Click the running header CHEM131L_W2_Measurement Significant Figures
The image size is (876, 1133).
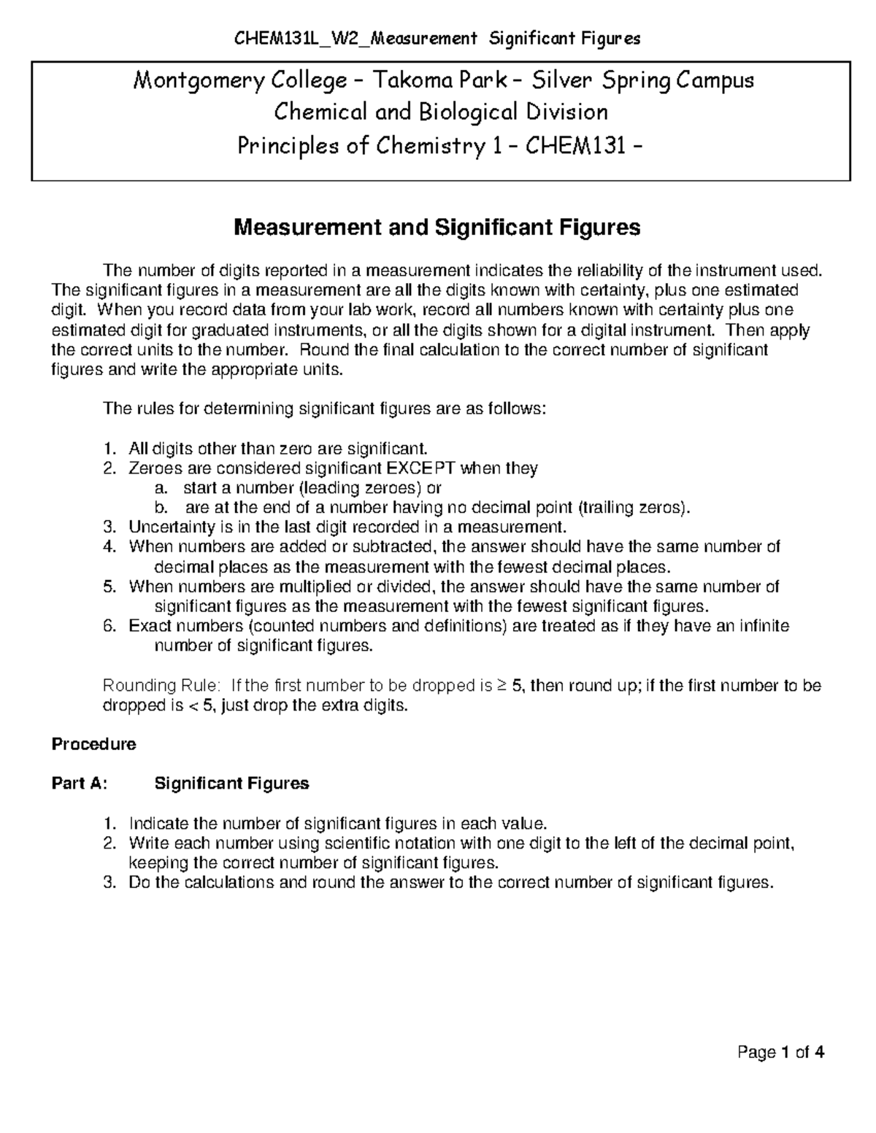tap(437, 39)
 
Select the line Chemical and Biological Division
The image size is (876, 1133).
tap(440, 112)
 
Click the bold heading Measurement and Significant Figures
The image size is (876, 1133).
tap(437, 228)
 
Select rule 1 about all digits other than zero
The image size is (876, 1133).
tap(276, 448)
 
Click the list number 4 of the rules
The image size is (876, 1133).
tap(109, 547)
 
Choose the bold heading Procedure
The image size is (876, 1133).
tap(93, 745)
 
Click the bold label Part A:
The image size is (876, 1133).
tap(80, 784)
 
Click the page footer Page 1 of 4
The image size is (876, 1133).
tap(781, 1053)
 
